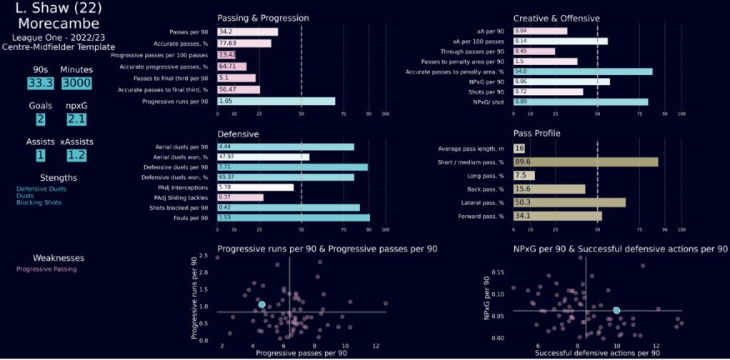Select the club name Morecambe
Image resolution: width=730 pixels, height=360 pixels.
(59, 24)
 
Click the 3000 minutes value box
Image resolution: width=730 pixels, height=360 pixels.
(76, 84)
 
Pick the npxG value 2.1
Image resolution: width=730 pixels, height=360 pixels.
(76, 119)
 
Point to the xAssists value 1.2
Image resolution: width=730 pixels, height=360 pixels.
(76, 155)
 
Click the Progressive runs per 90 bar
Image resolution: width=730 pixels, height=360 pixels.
(276, 101)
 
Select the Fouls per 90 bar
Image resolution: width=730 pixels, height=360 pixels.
(293, 217)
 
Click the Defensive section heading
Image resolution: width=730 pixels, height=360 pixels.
(239, 134)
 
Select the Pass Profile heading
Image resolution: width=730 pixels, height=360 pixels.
(537, 134)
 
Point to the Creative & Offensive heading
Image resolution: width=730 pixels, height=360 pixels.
(556, 18)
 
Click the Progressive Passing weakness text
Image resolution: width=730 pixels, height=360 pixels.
(46, 269)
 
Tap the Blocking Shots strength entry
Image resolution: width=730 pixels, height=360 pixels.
(39, 202)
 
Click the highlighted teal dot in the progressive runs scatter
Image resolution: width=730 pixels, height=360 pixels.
(261, 304)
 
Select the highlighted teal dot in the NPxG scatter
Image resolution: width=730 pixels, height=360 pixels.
(616, 310)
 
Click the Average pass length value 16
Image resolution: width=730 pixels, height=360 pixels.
(519, 149)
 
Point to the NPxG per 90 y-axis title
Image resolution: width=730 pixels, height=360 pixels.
(489, 297)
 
